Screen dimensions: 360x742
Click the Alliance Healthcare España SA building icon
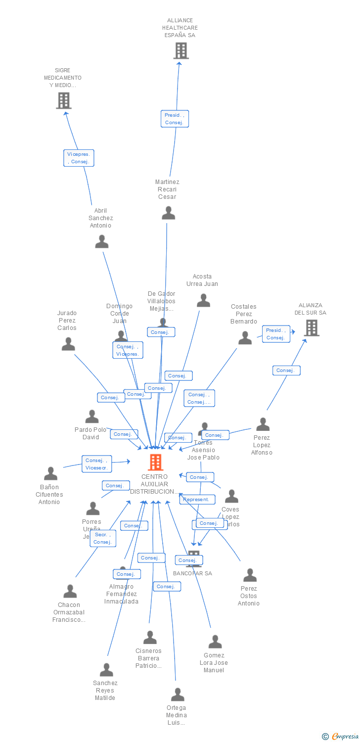[181, 50]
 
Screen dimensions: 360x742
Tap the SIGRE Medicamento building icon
[64, 100]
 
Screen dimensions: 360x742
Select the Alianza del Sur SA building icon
[311, 327]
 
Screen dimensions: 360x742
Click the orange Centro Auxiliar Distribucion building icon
[155, 462]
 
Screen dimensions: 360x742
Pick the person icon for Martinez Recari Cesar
[168, 213]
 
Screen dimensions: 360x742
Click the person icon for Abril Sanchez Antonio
[102, 242]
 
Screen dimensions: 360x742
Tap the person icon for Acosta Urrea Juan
[203, 300]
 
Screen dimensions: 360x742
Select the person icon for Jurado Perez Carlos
[68, 344]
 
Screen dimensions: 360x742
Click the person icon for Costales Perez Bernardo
[245, 338]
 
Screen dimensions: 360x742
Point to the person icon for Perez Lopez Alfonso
[263, 424]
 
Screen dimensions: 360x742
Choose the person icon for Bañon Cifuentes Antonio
[50, 474]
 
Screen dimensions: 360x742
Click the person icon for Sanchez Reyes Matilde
[106, 670]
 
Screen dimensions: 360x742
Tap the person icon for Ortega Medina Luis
[178, 695]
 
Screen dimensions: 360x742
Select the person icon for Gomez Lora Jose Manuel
[215, 642]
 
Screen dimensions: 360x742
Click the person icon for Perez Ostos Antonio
[250, 575]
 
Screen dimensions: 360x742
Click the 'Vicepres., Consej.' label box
[79, 158]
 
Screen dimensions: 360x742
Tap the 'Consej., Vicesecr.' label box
[97, 464]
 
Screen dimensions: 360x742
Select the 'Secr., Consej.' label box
[103, 538]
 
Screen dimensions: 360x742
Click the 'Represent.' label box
[197, 500]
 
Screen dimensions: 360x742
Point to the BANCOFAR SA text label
[192, 573]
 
